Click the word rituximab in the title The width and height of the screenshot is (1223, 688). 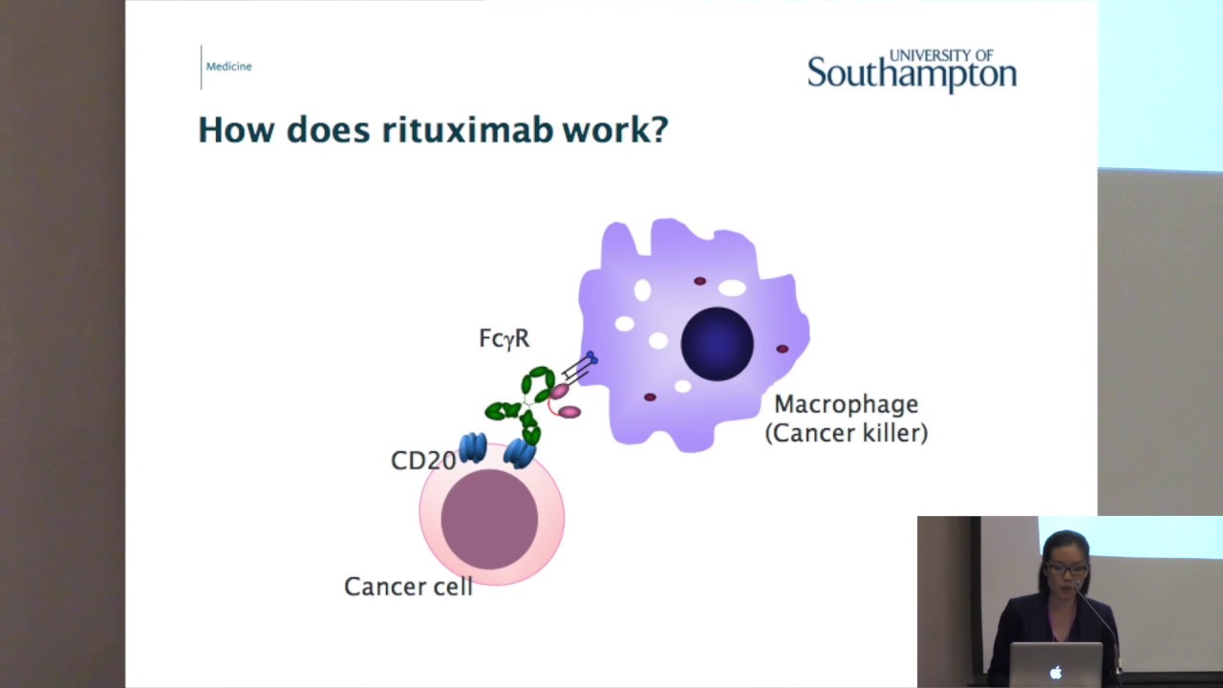tap(467, 130)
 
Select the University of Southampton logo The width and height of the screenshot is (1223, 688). tap(912, 71)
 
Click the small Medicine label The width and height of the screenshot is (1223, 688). tap(228, 66)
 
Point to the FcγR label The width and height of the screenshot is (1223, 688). tap(504, 339)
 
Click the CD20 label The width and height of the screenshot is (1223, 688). tap(423, 461)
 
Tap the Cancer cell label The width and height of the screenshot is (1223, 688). tap(408, 587)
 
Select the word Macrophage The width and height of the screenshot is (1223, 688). tap(846, 404)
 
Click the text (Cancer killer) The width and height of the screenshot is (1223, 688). tap(846, 433)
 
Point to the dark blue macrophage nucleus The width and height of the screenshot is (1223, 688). tap(717, 344)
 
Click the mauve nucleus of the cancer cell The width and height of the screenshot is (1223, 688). tap(489, 519)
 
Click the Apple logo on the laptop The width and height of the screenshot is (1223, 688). tap(1056, 673)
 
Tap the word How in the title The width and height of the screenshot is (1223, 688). tap(236, 130)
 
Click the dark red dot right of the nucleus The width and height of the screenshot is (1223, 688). tap(783, 349)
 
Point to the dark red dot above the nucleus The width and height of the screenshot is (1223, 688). tap(699, 281)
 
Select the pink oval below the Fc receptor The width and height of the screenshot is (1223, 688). tap(569, 412)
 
